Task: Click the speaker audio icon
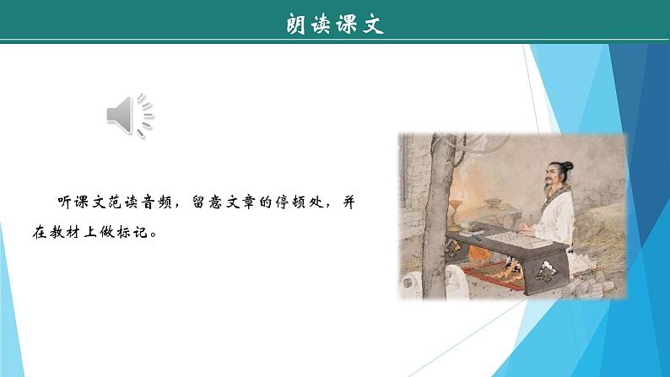(x=129, y=115)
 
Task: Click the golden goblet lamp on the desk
(x=460, y=207)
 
